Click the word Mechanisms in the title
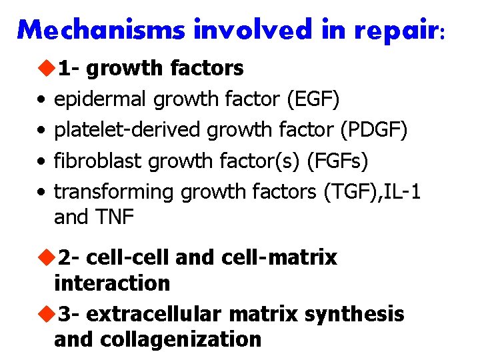point(103,29)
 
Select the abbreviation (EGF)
point(313,99)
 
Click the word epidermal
point(101,99)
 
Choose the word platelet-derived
point(127,130)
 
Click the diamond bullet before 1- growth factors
point(45,68)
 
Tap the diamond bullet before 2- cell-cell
point(45,257)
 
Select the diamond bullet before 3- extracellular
point(45,313)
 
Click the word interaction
point(112,283)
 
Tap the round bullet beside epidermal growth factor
point(41,100)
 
